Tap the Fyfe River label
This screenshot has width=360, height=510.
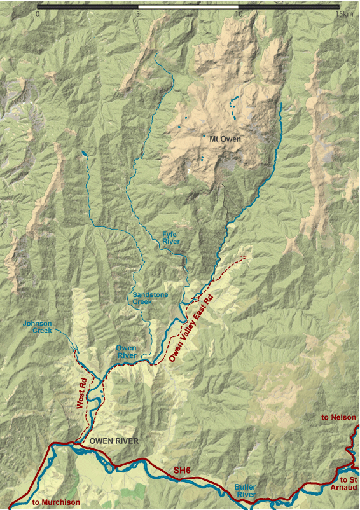pos(170,238)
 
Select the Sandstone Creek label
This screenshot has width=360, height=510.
pos(148,298)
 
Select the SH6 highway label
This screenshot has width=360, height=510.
pos(182,470)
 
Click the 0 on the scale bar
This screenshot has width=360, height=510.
pos(38,13)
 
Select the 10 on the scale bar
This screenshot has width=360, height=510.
pos(239,13)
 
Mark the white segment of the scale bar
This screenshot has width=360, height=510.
pos(188,6)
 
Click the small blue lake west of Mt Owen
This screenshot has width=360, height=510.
pos(84,153)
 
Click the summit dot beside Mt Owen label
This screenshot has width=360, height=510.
pos(204,136)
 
